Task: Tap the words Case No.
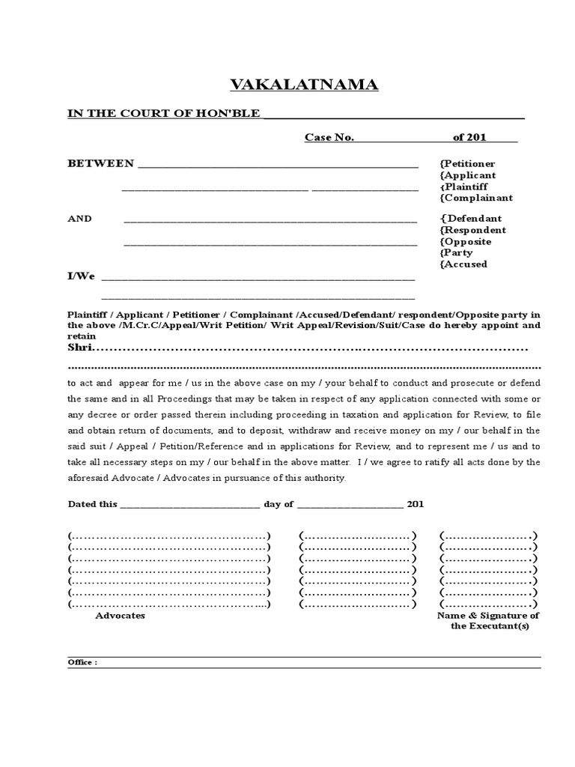tap(329, 138)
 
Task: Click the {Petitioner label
tap(467, 164)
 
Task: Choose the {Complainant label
tap(476, 198)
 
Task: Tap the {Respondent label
tap(473, 230)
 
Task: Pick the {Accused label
tap(463, 264)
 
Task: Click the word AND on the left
tap(80, 219)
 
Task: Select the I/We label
tap(82, 276)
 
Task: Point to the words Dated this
tap(92, 504)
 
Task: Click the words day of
tap(279, 504)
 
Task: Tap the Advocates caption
tap(120, 615)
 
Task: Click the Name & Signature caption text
tap(488, 616)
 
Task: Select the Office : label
tap(82, 662)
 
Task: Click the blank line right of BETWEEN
tap(277, 165)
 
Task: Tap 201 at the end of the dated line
tap(416, 504)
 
